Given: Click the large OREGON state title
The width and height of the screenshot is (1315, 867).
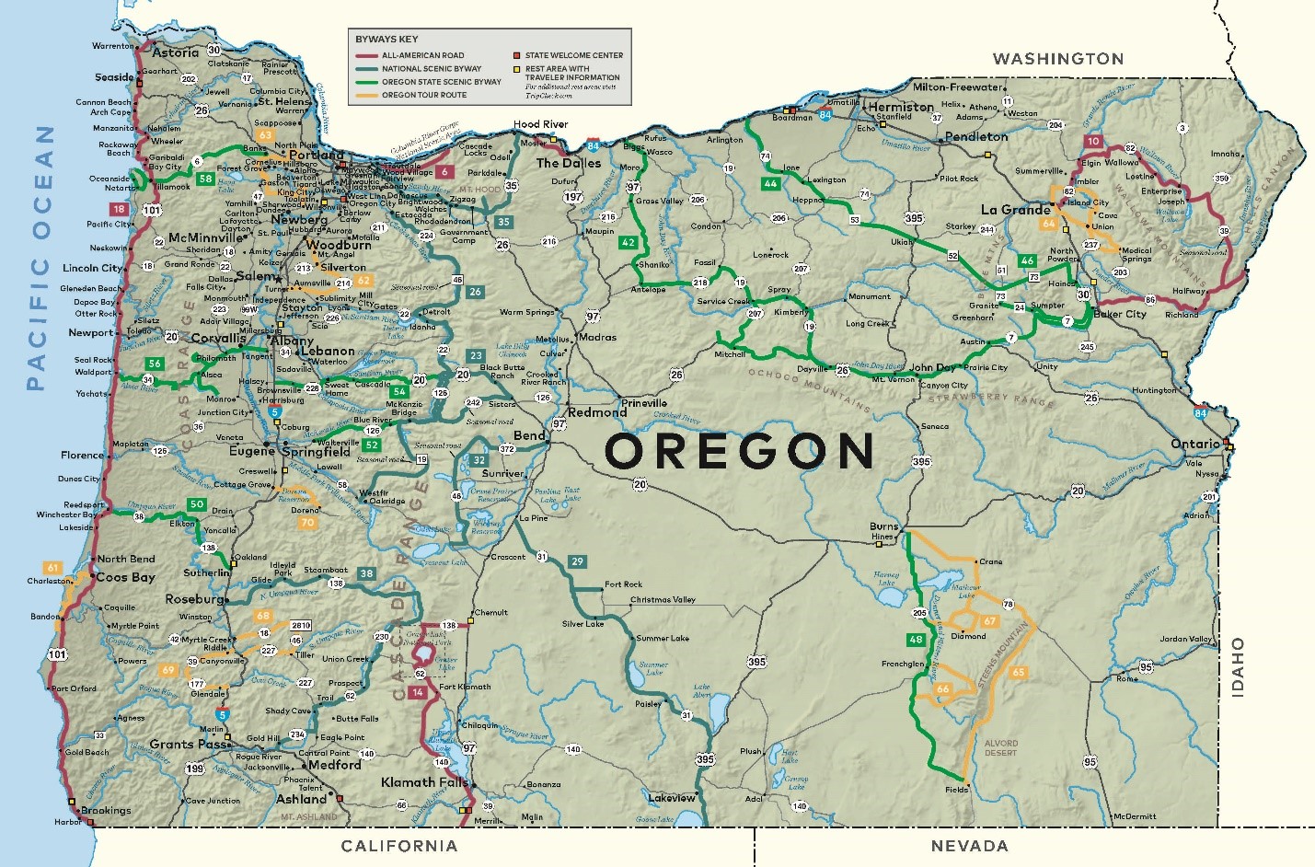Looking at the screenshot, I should (x=739, y=451).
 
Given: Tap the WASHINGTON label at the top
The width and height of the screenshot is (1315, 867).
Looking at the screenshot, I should (x=1057, y=59).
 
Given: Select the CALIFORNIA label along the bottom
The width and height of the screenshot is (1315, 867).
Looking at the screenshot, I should (x=398, y=846).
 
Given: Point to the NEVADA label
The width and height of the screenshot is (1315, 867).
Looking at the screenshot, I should (x=969, y=846).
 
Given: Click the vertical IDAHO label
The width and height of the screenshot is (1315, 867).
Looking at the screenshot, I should (x=1238, y=667).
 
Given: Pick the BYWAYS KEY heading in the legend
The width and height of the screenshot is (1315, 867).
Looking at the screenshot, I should (x=386, y=39).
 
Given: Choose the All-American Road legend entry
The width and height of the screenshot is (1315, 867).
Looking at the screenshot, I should (x=422, y=55).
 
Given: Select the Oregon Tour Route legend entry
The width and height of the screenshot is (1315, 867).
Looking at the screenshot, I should (x=423, y=95).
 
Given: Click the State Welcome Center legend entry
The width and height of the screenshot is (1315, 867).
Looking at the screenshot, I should (x=573, y=55).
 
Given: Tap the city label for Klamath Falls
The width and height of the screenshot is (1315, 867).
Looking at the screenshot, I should (x=424, y=782).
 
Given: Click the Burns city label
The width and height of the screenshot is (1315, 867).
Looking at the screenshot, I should (x=883, y=526).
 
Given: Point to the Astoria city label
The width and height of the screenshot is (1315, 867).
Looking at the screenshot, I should (x=175, y=52).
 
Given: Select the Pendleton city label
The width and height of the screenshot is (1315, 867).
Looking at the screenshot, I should (x=976, y=136).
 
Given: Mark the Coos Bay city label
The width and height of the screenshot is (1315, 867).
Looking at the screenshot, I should (x=125, y=577).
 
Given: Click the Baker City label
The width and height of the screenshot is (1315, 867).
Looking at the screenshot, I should (x=1120, y=314).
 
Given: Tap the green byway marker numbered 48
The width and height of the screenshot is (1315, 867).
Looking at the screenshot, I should (x=916, y=640).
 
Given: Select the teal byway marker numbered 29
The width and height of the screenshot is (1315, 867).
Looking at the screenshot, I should (x=577, y=561).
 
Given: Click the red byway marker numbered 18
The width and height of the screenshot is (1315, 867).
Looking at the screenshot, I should (x=119, y=209).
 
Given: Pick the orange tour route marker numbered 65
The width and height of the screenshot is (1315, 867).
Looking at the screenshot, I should (x=1018, y=672).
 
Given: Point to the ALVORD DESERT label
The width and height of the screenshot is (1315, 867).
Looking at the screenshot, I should (x=1001, y=747).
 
